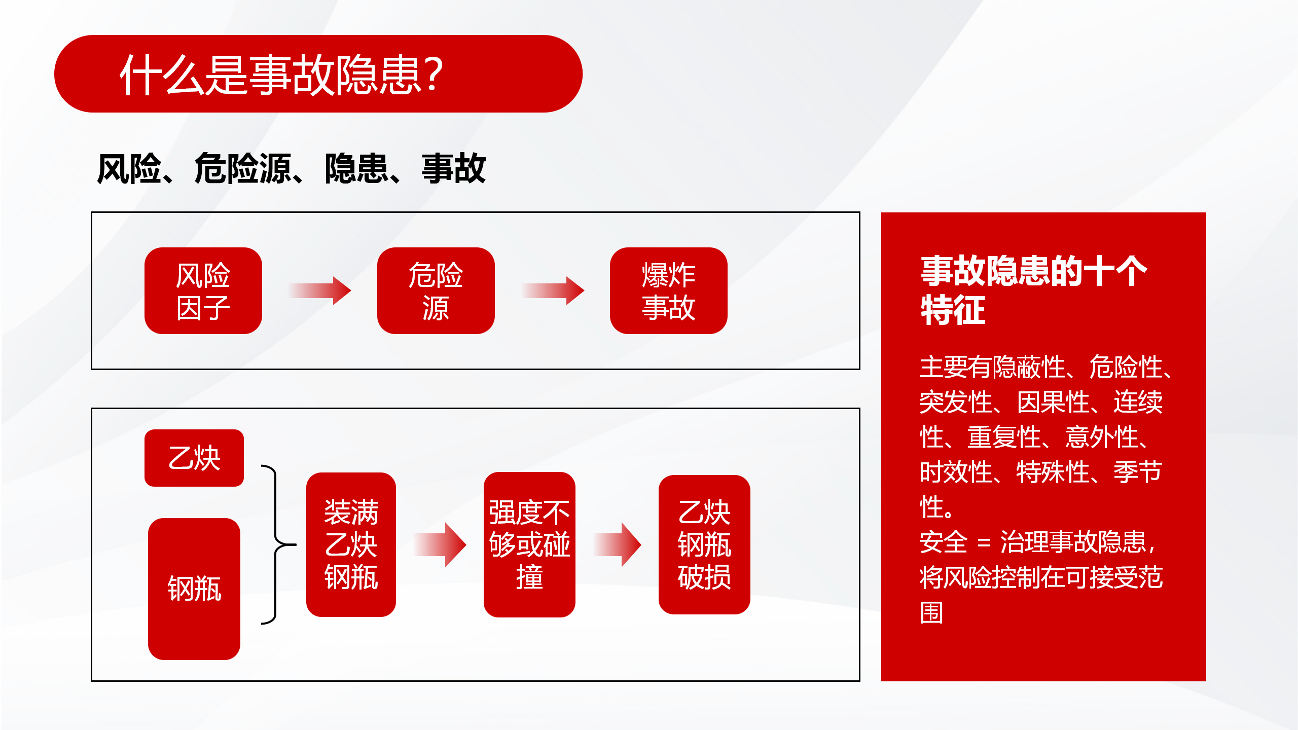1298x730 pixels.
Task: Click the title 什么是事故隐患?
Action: pos(281,75)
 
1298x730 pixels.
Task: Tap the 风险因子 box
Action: pos(203,290)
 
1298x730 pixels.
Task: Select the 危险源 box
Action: pos(436,290)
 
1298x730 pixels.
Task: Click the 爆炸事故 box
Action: pos(669,290)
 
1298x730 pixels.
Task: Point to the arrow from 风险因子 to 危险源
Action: pos(320,290)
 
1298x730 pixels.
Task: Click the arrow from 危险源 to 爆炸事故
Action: pos(553,290)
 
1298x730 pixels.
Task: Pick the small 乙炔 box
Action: pos(194,458)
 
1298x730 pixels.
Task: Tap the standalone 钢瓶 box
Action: pos(194,589)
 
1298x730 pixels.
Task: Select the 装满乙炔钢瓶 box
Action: pos(351,544)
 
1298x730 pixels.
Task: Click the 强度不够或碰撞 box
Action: pos(529,544)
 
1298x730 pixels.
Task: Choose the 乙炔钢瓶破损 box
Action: pos(704,544)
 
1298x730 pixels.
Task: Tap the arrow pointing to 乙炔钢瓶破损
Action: pos(618,544)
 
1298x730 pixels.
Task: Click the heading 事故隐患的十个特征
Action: pos(1034,290)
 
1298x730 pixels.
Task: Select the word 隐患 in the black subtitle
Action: pos(356,168)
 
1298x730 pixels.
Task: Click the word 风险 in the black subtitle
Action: pos(129,168)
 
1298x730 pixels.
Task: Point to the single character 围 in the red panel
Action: pos(932,612)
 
